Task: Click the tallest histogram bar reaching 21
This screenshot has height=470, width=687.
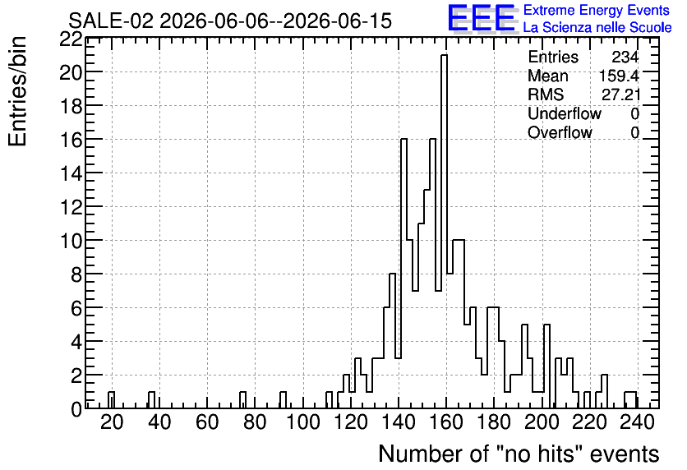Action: pyautogui.click(x=444, y=232)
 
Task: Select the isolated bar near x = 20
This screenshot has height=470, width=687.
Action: pyautogui.click(x=111, y=400)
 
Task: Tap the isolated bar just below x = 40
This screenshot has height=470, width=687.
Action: pyautogui.click(x=151, y=400)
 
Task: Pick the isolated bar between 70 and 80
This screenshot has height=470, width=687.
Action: pyautogui.click(x=242, y=400)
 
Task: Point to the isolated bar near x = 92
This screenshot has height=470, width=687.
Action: pyautogui.click(x=283, y=400)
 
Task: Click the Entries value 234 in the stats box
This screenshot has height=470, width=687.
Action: pyautogui.click(x=625, y=57)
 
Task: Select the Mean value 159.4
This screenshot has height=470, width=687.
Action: pyautogui.click(x=619, y=76)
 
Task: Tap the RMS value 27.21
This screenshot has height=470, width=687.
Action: pyautogui.click(x=620, y=94)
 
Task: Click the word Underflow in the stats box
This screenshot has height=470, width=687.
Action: pyautogui.click(x=565, y=113)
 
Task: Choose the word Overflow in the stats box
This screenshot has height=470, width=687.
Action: pyautogui.click(x=560, y=132)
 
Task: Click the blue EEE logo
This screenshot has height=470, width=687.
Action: pyautogui.click(x=482, y=18)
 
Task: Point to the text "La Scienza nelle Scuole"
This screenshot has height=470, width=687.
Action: pyautogui.click(x=597, y=27)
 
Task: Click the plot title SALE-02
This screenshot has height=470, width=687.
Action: pyautogui.click(x=111, y=21)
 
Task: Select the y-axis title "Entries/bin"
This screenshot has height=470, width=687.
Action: pyautogui.click(x=17, y=92)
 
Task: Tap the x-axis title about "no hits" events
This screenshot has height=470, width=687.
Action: pyautogui.click(x=519, y=454)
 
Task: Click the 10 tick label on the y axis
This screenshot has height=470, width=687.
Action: pyautogui.click(x=71, y=241)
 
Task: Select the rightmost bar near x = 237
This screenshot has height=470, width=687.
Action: pyautogui.click(x=630, y=400)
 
